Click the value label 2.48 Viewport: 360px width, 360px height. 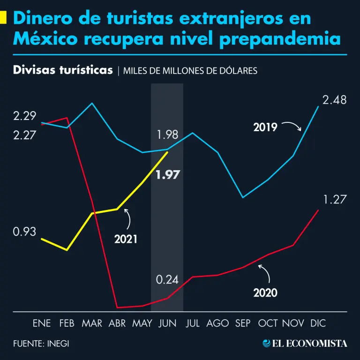[x=334, y=100]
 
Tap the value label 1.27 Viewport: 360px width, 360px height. [x=334, y=200]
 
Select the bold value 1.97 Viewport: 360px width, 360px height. [x=168, y=175]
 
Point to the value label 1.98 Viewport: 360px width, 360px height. [x=167, y=135]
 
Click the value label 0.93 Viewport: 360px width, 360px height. [x=25, y=232]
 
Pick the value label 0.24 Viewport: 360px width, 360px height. [x=167, y=280]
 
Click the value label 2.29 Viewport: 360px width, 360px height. [x=25, y=116]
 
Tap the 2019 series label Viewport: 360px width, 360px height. [x=265, y=127]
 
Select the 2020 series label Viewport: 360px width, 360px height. [x=265, y=293]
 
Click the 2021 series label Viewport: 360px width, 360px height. [x=126, y=239]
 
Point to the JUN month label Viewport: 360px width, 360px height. [x=167, y=323]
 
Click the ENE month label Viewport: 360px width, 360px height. [x=42, y=323]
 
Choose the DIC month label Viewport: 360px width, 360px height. [x=318, y=323]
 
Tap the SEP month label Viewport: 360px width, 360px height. [x=242, y=323]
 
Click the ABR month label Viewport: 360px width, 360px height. [x=117, y=323]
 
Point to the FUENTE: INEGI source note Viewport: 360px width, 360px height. [x=41, y=343]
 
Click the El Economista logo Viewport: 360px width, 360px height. [x=305, y=343]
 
